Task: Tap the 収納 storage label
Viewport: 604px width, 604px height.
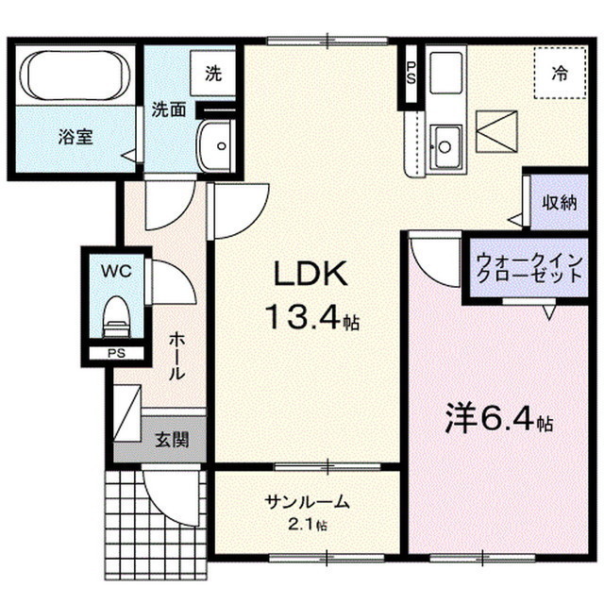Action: click(559, 202)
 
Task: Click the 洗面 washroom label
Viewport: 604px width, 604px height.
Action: click(169, 109)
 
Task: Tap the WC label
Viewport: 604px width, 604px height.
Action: click(116, 271)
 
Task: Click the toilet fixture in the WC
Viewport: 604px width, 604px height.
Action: click(115, 316)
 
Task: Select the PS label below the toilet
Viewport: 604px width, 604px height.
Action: click(115, 354)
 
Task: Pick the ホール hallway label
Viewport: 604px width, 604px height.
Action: click(176, 357)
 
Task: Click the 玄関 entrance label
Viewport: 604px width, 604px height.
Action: click(171, 439)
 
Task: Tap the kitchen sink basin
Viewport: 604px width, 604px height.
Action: click(444, 145)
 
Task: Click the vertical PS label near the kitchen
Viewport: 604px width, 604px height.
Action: click(411, 73)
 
